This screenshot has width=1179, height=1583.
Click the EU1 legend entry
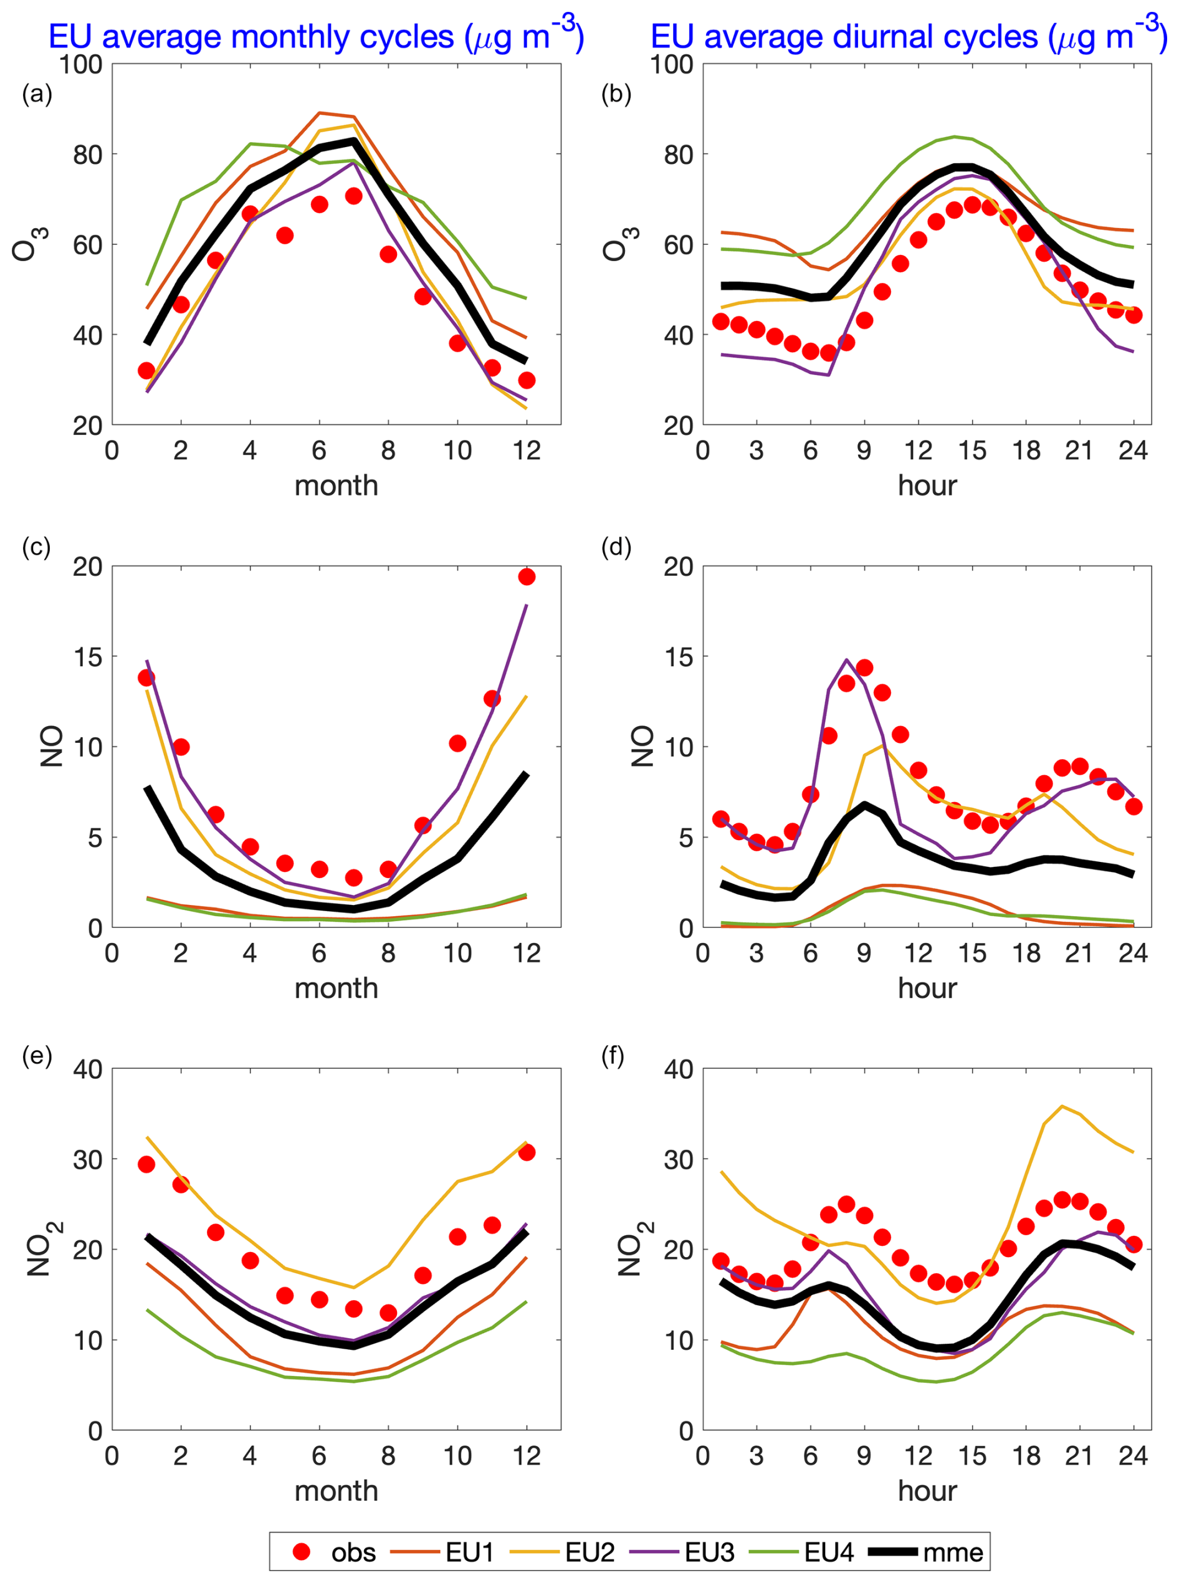pyautogui.click(x=443, y=1552)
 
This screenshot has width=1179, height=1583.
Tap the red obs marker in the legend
pyautogui.click(x=302, y=1552)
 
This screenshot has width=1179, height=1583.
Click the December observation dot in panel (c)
pyautogui.click(x=527, y=576)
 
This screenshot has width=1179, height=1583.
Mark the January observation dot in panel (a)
pyautogui.click(x=146, y=370)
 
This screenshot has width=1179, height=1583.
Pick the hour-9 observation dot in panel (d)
pyautogui.click(x=864, y=668)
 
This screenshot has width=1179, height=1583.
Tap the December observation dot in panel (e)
pyautogui.click(x=527, y=1152)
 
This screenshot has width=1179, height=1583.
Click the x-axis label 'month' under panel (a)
pyautogui.click(x=336, y=486)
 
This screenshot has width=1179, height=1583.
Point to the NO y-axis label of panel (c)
pyautogui.click(x=51, y=747)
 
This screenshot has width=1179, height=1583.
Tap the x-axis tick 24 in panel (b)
pyautogui.click(x=1133, y=451)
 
